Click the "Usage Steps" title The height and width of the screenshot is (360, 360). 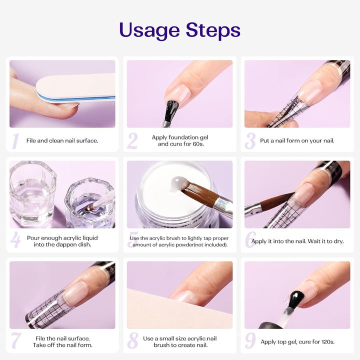tap(179, 30)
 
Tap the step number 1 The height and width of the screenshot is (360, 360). tap(15, 141)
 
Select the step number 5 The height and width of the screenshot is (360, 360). tap(133, 240)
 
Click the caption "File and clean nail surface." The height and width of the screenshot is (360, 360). tap(62, 140)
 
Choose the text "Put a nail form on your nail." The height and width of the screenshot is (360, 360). tap(297, 140)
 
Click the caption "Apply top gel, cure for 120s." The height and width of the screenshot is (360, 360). tap(297, 342)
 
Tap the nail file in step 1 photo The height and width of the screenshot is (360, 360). tap(75, 88)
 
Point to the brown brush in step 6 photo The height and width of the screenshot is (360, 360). tap(275, 202)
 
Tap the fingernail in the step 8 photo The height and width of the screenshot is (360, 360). tap(186, 296)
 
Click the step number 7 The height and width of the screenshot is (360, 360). tap(16, 341)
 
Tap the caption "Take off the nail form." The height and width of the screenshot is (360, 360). tap(62, 345)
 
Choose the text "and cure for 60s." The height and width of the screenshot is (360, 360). tap(180, 144)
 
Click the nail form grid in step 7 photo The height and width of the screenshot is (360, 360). tap(47, 315)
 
